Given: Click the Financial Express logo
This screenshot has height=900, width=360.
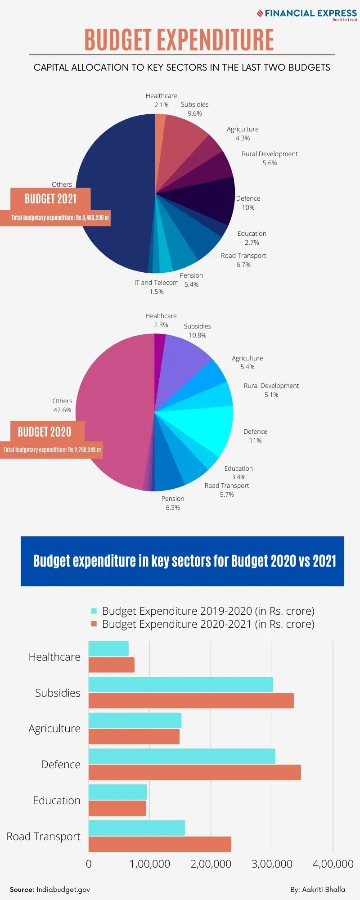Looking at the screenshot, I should [x=307, y=14].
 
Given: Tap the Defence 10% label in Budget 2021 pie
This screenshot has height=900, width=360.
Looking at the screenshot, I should [x=248, y=203].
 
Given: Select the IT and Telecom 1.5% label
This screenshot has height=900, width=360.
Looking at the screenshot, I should [x=156, y=287].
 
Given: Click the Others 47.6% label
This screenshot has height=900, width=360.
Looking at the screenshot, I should [x=62, y=405].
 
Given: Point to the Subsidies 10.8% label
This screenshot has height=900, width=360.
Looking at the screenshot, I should [x=197, y=331].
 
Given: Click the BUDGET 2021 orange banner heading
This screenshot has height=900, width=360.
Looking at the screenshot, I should [x=50, y=199].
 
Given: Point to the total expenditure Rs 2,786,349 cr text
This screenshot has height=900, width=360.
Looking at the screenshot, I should [x=52, y=450].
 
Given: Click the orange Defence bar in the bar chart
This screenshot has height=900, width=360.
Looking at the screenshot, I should [x=194, y=773].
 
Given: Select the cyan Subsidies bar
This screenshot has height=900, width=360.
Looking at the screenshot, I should [x=180, y=684].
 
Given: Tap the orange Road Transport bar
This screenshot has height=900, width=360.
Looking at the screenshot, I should [x=160, y=844].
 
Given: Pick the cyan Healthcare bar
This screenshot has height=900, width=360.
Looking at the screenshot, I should [x=108, y=648].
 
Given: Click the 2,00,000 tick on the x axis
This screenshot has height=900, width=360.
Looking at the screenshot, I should [x=211, y=864].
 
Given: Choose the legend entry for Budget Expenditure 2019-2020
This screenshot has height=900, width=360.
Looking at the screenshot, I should [x=202, y=611].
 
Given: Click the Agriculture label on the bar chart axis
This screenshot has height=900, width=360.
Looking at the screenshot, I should [x=54, y=729].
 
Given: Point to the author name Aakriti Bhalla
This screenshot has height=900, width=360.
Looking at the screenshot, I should [x=318, y=890].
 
